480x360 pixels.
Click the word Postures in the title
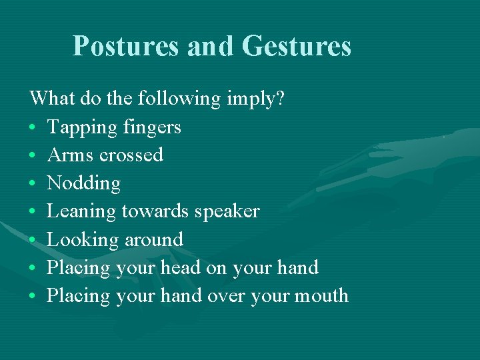(x=126, y=46)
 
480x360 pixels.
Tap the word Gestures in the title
(x=296, y=46)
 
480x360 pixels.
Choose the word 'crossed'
(x=131, y=155)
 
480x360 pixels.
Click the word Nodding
(x=84, y=183)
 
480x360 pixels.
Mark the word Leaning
(x=81, y=211)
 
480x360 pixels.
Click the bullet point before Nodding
(x=33, y=183)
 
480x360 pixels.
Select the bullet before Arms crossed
(x=33, y=155)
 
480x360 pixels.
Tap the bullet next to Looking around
(x=33, y=239)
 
